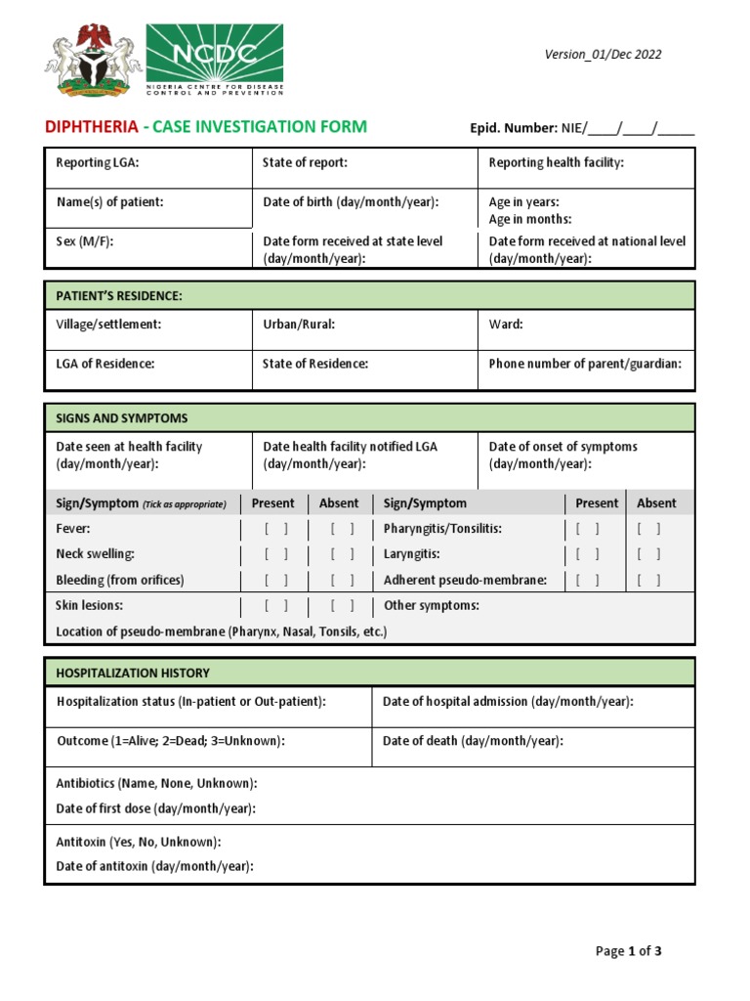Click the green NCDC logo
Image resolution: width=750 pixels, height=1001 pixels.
click(x=214, y=61)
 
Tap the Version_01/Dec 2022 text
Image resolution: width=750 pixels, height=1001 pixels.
click(x=603, y=54)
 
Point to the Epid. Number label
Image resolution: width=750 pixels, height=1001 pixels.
click(x=513, y=128)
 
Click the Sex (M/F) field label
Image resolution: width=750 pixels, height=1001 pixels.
click(x=85, y=241)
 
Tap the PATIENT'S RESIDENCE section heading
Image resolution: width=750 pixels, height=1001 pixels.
click(x=119, y=295)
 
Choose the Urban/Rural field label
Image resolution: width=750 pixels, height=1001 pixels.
click(x=299, y=324)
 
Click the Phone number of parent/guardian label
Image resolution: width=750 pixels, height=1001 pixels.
click(x=585, y=364)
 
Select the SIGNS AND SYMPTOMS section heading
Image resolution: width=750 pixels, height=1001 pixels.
click(x=122, y=418)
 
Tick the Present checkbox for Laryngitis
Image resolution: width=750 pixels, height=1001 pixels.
click(x=587, y=554)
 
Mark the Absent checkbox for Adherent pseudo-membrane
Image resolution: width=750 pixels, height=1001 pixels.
click(x=648, y=580)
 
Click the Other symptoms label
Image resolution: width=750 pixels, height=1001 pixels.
click(x=432, y=606)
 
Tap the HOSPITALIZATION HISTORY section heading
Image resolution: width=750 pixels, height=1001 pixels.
click(x=133, y=674)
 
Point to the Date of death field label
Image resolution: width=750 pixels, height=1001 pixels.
click(x=473, y=741)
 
